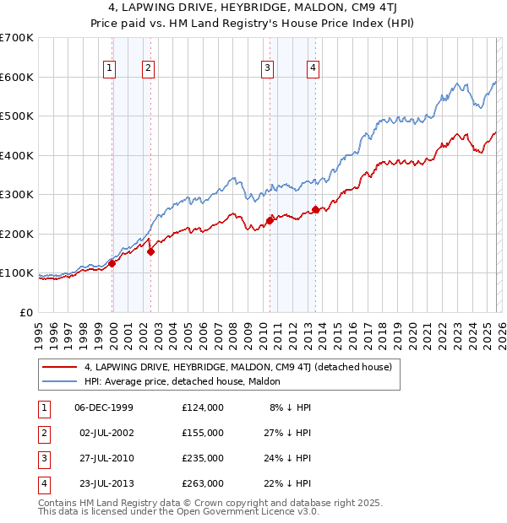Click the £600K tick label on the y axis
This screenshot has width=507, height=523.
17,77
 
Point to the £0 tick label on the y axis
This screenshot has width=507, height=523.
25,312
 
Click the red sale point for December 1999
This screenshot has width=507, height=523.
112,263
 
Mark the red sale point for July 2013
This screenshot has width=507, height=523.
314,209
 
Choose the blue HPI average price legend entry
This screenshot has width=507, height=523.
186,382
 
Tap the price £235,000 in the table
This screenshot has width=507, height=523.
203,458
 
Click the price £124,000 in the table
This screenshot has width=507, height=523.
203,407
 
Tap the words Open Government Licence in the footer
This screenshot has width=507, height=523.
241,511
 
